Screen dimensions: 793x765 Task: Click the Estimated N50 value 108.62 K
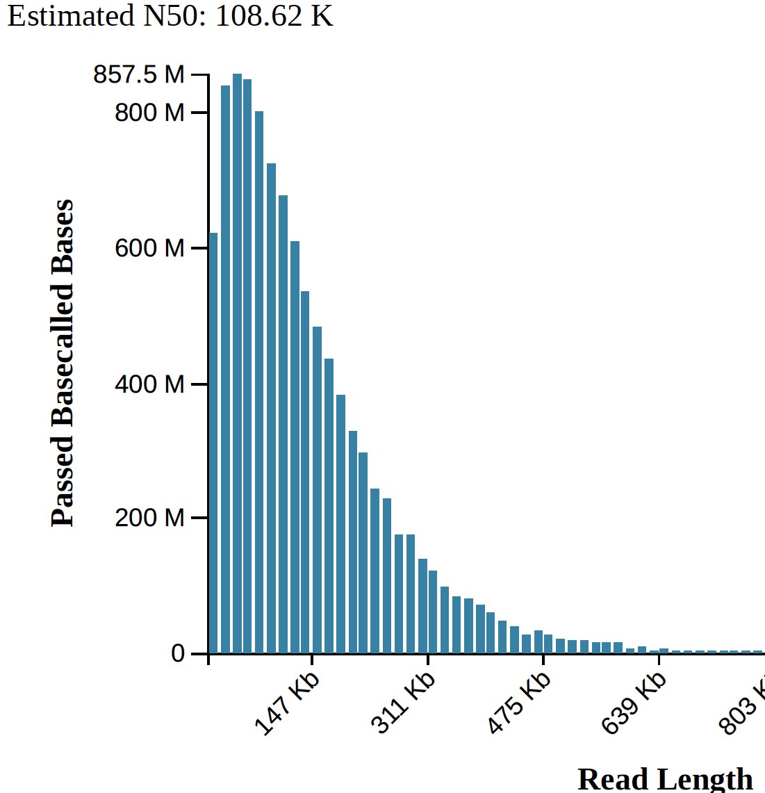coord(274,15)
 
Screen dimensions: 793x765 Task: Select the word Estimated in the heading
coord(69,15)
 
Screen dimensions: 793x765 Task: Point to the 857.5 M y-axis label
coord(139,74)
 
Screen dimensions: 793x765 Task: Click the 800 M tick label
coord(149,112)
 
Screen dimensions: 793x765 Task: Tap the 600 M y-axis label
coord(149,248)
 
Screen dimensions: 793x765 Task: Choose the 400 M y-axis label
coord(149,384)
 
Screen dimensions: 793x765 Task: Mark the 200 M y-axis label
coord(149,518)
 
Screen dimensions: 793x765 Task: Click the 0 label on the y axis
coord(178,654)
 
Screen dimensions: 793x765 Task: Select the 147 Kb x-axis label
coord(286,703)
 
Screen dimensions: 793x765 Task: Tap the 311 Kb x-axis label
coord(402,703)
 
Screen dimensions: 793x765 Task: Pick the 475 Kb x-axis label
coord(518,703)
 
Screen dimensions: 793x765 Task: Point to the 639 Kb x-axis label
coord(633,703)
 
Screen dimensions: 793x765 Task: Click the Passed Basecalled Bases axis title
coord(62,363)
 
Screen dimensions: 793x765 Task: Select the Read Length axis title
coord(665,779)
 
